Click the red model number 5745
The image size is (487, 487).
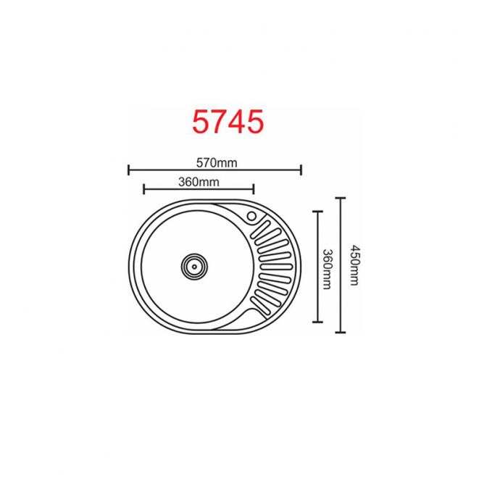[228, 122]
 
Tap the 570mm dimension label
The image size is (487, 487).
[217, 163]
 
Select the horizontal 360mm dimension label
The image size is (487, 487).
[199, 182]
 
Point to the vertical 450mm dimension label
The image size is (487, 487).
[354, 265]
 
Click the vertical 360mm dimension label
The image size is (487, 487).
[327, 269]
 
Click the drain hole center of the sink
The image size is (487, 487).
[194, 267]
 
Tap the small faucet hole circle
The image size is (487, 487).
[251, 216]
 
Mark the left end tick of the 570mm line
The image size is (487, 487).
[128, 170]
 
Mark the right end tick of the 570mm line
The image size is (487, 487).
[301, 170]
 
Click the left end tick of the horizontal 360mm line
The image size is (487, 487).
[143, 189]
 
